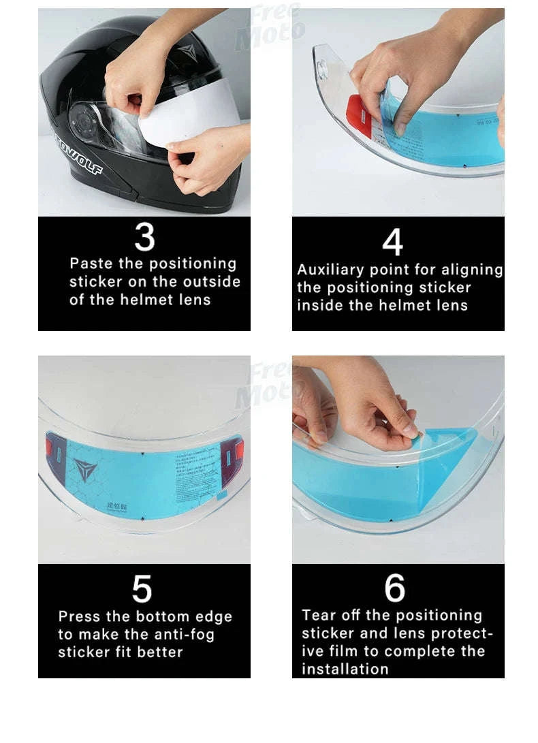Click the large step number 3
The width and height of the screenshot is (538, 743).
(144, 238)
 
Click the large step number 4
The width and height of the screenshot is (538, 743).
(392, 242)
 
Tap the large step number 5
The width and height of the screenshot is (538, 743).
(142, 588)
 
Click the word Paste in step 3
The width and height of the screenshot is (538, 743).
(90, 264)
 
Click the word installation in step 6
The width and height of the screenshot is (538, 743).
(345, 669)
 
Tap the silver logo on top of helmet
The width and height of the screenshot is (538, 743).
(185, 50)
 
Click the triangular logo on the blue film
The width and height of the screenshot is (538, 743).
(85, 470)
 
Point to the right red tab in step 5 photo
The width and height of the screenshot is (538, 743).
(238, 449)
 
